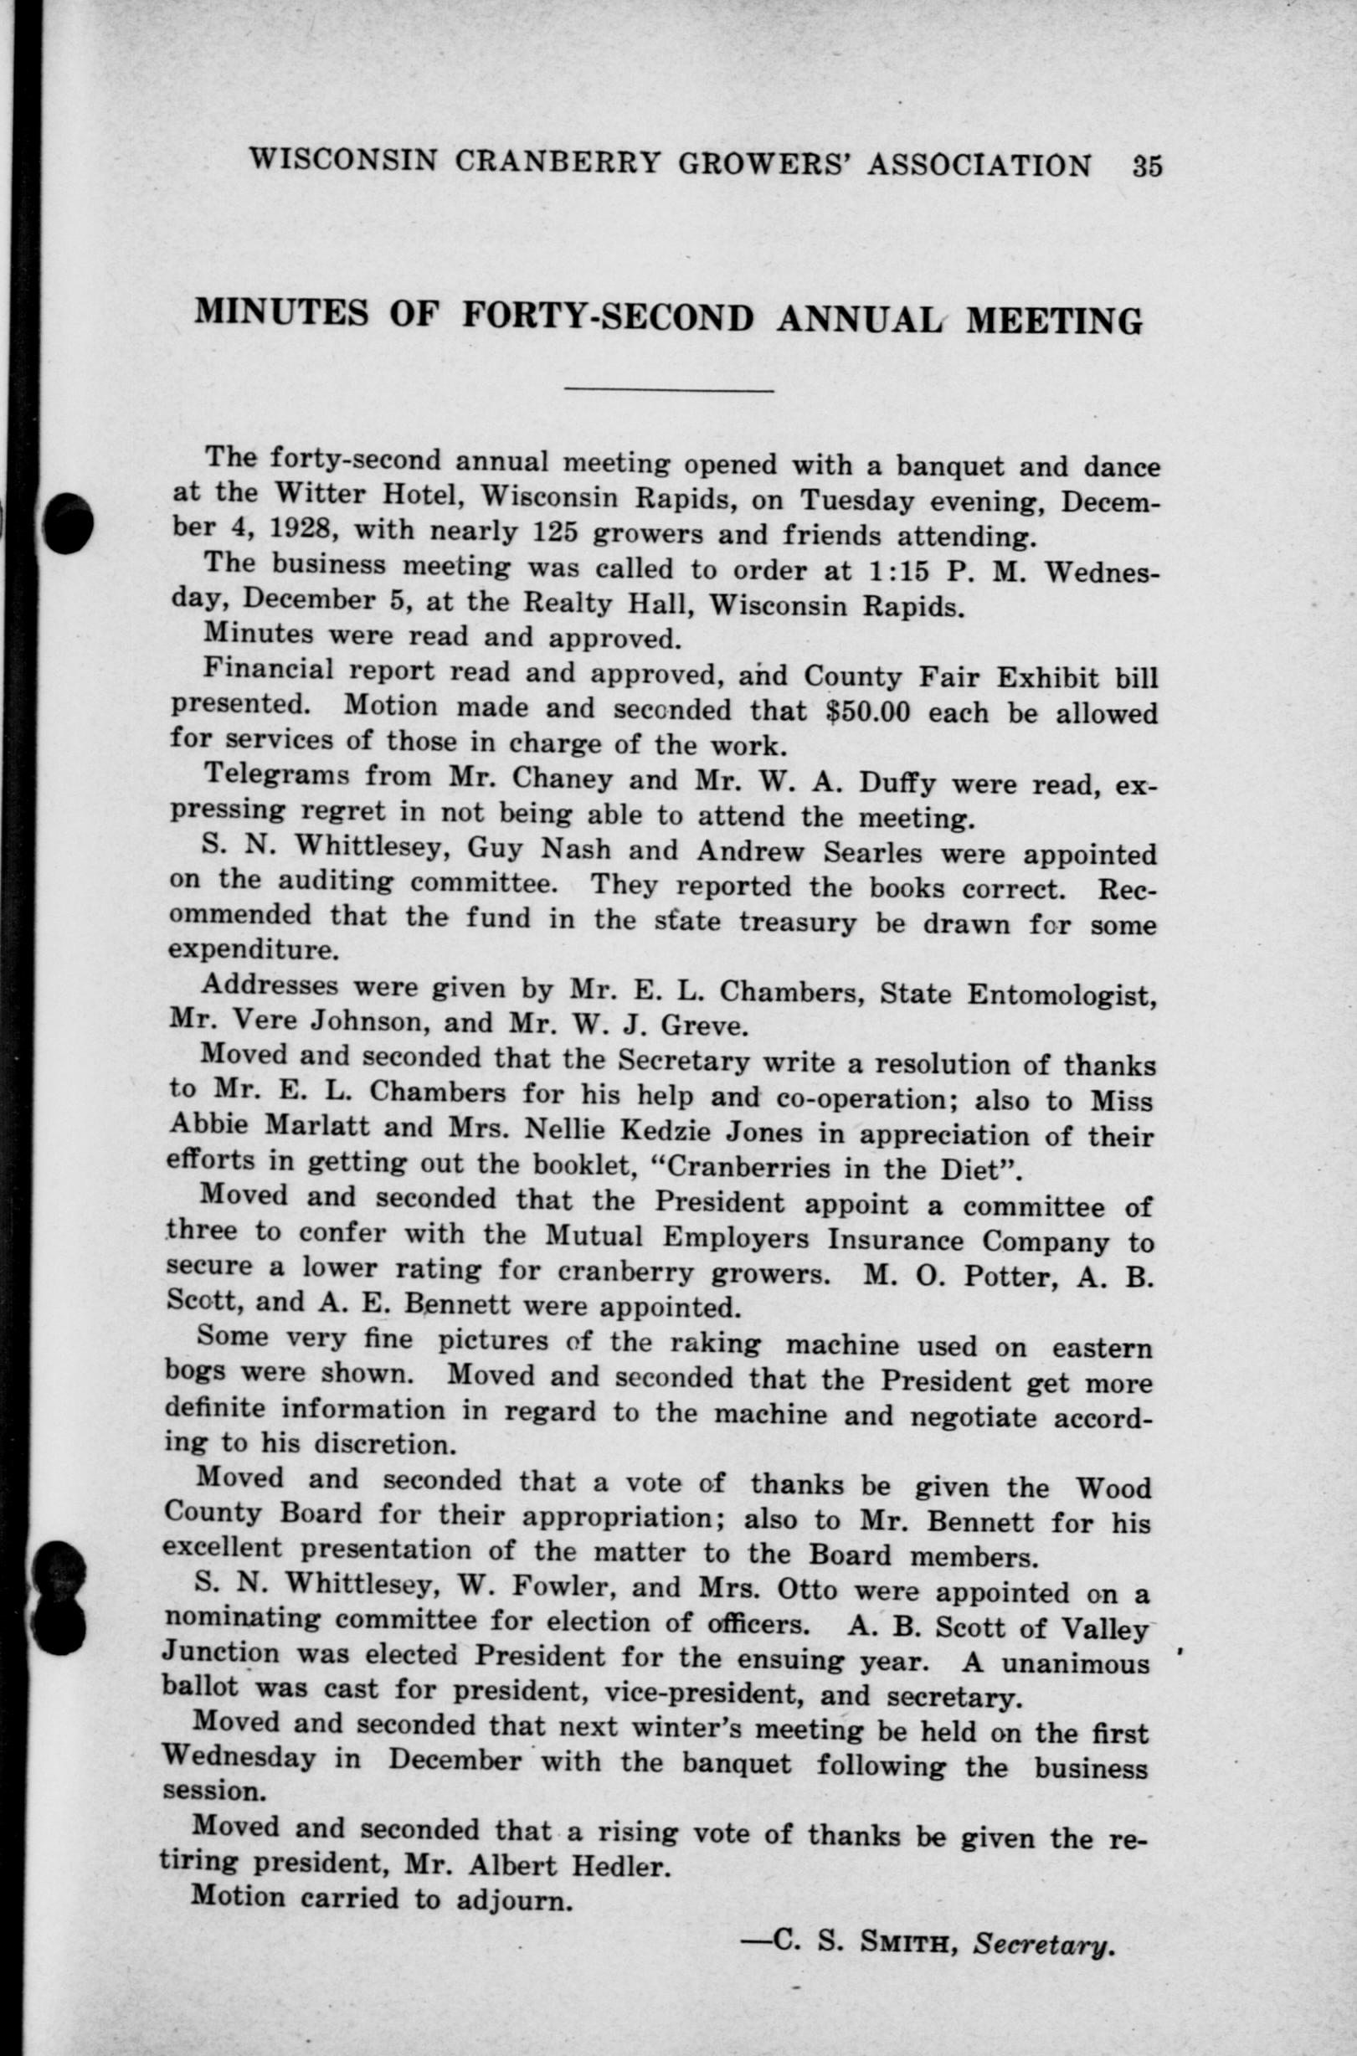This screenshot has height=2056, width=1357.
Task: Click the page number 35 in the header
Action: tap(1146, 164)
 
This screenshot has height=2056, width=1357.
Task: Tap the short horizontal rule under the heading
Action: tap(668, 391)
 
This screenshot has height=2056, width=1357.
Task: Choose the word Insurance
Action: tap(895, 1240)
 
